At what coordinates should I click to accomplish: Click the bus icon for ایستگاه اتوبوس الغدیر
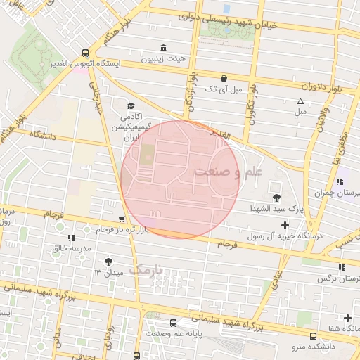click(85, 53)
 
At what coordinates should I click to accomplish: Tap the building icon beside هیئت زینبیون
click(164, 48)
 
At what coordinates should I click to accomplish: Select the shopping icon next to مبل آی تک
click(224, 78)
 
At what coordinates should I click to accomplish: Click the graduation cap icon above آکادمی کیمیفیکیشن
click(131, 105)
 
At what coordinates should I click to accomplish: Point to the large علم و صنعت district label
click(228, 171)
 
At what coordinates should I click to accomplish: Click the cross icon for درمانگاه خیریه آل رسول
click(284, 225)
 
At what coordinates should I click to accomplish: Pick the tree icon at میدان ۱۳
click(108, 261)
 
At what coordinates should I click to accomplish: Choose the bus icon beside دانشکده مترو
click(313, 336)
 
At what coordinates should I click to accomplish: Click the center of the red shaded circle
click(179, 179)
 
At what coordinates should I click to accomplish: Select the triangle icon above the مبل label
click(301, 101)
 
